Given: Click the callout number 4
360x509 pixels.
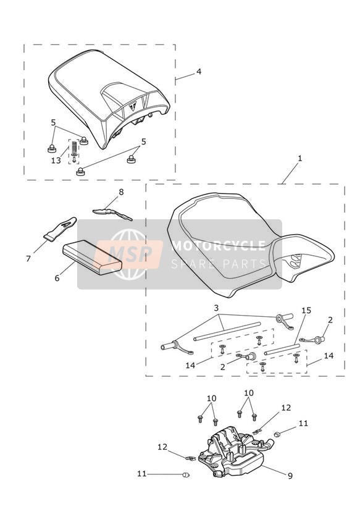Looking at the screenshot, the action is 199,71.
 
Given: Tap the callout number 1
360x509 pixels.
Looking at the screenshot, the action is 299,158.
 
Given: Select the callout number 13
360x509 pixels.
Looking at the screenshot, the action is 56,161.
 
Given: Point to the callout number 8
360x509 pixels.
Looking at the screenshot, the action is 121,192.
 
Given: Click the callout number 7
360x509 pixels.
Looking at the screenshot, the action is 28,259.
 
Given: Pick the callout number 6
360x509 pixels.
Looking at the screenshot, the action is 57,278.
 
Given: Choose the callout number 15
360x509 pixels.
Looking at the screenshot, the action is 306,310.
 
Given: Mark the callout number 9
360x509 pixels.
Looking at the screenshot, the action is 290,476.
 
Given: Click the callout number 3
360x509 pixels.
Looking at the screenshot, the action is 217,308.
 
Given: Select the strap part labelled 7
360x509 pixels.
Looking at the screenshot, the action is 61,228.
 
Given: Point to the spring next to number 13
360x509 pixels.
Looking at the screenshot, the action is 73,147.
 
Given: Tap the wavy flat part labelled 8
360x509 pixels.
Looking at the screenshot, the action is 112,213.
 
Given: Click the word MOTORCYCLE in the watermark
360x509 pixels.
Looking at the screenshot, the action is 219,246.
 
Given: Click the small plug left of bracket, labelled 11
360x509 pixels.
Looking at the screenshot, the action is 186,475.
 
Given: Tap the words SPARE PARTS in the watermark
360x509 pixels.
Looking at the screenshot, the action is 219,264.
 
